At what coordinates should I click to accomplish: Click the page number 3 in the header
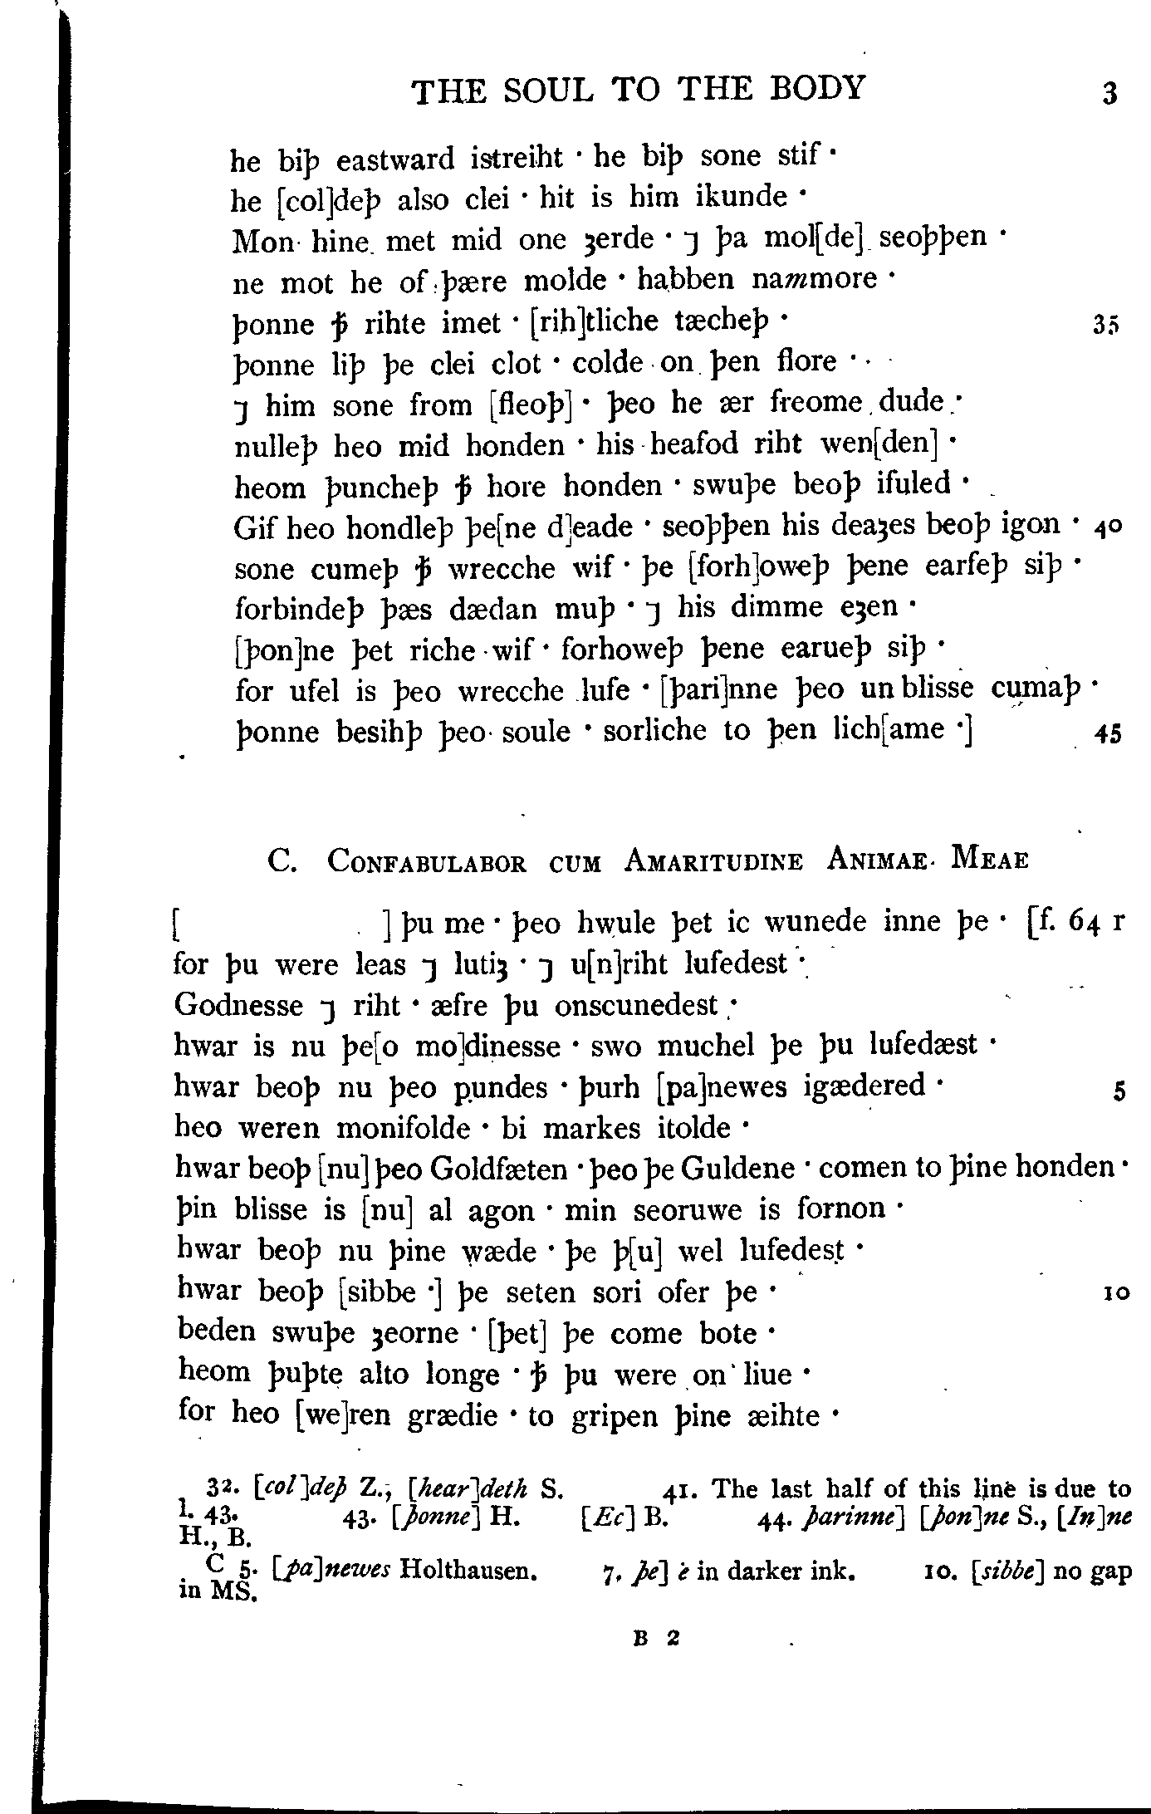pyautogui.click(x=1109, y=93)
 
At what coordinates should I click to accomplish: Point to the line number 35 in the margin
pyautogui.click(x=1107, y=326)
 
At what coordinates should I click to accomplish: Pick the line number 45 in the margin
pyautogui.click(x=1108, y=734)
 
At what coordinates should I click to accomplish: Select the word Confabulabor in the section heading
pyautogui.click(x=427, y=861)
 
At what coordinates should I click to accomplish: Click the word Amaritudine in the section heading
pyautogui.click(x=713, y=861)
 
